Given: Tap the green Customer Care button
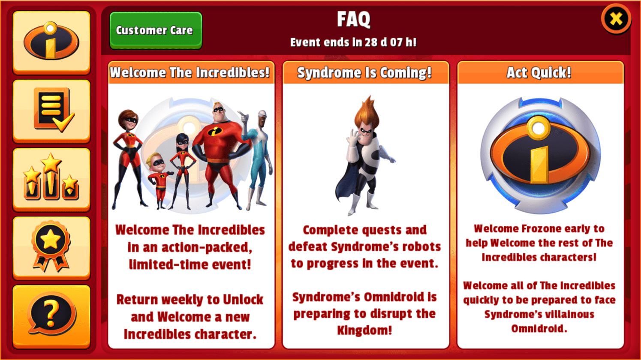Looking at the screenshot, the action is (x=156, y=30).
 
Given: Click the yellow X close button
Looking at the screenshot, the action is (x=616, y=19).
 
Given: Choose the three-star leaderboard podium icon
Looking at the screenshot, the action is (x=51, y=179).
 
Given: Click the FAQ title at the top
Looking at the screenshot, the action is (x=353, y=19).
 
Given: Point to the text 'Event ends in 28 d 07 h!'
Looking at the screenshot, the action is (x=353, y=42).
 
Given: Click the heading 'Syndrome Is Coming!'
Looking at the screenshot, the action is (x=364, y=72).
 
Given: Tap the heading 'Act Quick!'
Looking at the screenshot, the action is (x=539, y=72).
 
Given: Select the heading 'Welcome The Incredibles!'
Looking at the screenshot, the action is (x=190, y=72).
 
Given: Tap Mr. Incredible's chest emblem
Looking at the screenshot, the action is (x=215, y=131).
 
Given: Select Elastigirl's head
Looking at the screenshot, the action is (x=128, y=120).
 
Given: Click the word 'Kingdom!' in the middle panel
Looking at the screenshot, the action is (x=364, y=330).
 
